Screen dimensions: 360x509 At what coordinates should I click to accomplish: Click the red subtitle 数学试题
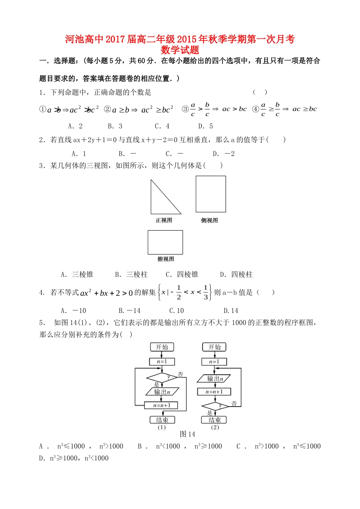(x=180, y=50)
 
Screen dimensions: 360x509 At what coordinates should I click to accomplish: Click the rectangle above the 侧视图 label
(x=211, y=194)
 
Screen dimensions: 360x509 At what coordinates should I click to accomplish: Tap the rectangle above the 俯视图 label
(x=165, y=242)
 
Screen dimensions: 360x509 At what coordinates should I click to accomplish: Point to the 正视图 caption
(x=164, y=220)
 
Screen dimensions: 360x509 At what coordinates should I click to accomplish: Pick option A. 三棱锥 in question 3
(x=77, y=274)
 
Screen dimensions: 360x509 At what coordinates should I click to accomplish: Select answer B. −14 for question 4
(x=129, y=311)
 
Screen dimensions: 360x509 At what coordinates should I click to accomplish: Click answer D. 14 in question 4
(x=231, y=311)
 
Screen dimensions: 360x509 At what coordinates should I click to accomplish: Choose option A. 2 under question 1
(x=75, y=126)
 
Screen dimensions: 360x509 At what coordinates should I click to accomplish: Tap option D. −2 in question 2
(x=224, y=154)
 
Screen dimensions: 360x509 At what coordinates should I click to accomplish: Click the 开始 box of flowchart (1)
(x=162, y=347)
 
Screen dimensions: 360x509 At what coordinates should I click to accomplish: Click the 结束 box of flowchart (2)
(x=214, y=420)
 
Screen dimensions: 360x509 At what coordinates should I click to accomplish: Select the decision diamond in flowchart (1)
(x=162, y=378)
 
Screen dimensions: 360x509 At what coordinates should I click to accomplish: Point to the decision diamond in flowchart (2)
(x=215, y=406)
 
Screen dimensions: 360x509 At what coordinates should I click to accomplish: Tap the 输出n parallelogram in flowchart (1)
(x=162, y=392)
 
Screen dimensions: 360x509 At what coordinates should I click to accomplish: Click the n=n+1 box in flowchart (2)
(x=214, y=392)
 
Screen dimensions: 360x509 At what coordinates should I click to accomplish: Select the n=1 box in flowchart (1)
(x=162, y=361)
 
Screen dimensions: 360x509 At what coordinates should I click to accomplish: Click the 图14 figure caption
(x=188, y=434)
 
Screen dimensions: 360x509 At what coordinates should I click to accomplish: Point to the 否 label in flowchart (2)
(x=234, y=404)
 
